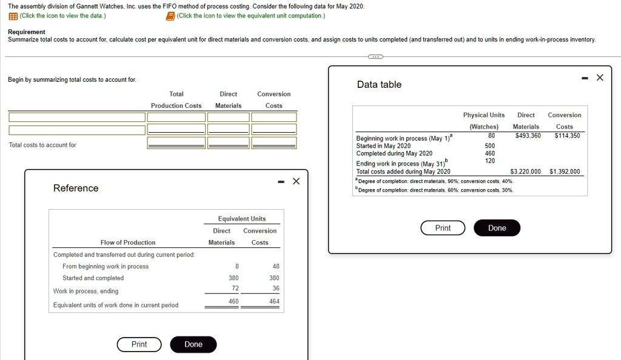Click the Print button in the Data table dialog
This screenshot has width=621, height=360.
pyautogui.click(x=443, y=228)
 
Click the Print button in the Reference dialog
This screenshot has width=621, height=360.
pyautogui.click(x=139, y=344)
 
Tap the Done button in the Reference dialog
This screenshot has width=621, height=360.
pyautogui.click(x=193, y=344)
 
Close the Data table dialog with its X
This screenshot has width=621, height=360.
pyautogui.click(x=600, y=78)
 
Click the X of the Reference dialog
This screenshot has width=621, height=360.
pyautogui.click(x=296, y=181)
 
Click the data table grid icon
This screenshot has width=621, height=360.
pyautogui.click(x=13, y=16)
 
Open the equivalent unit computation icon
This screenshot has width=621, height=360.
pyautogui.click(x=171, y=16)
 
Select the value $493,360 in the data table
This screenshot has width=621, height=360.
pyautogui.click(x=528, y=135)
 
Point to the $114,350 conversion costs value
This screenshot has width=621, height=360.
pyautogui.click(x=567, y=135)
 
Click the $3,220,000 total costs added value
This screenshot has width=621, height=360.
pyautogui.click(x=525, y=172)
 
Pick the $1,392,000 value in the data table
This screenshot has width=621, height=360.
pyautogui.click(x=564, y=172)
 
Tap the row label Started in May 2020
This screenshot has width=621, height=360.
pyautogui.click(x=383, y=145)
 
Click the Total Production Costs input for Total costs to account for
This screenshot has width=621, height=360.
pyautogui.click(x=176, y=142)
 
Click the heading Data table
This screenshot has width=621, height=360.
pyautogui.click(x=379, y=84)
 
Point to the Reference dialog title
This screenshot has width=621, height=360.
pyautogui.click(x=76, y=188)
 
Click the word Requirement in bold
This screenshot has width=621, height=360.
pyautogui.click(x=26, y=32)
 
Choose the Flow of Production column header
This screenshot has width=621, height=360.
pyautogui.click(x=128, y=242)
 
